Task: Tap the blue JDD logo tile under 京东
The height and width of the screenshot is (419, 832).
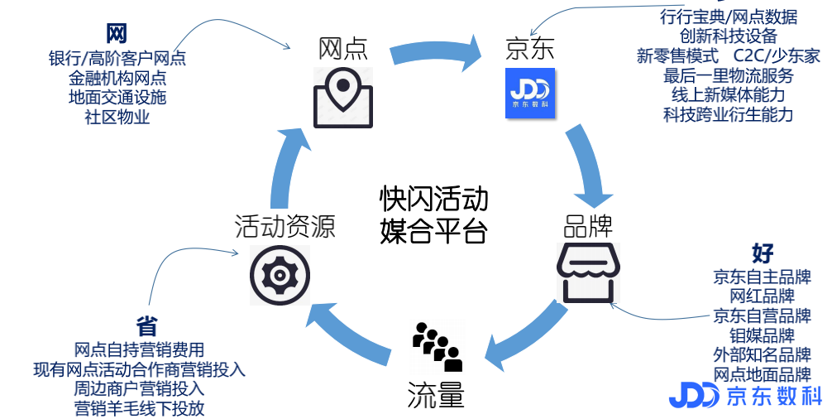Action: pos(529,93)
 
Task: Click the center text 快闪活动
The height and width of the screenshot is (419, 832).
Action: pos(433,199)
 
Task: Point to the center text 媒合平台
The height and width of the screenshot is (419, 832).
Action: pos(433,229)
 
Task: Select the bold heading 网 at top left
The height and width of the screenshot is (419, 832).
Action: pos(117,34)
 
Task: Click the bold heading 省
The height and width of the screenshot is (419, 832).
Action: pos(146,325)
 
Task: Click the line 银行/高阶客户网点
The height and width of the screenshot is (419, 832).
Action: pos(117,58)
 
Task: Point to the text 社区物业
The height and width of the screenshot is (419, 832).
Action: pos(117,117)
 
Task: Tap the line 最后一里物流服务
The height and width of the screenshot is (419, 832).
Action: pos(728,75)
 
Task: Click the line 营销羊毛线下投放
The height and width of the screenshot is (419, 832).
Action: pos(139,407)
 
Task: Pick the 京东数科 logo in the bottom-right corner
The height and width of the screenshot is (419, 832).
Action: pos(745,395)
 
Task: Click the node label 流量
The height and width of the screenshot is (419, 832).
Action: pos(436,396)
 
